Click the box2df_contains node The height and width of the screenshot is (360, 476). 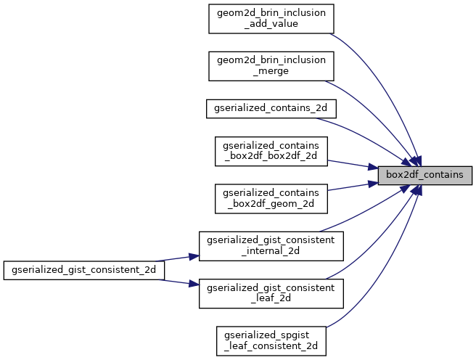[425, 175]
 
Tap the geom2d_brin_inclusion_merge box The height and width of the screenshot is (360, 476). [271, 65]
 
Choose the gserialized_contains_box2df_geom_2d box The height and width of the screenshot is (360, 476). [271, 198]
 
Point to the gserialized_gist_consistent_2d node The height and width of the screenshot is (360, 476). [84, 269]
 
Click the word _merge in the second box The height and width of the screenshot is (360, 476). [271, 71]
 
